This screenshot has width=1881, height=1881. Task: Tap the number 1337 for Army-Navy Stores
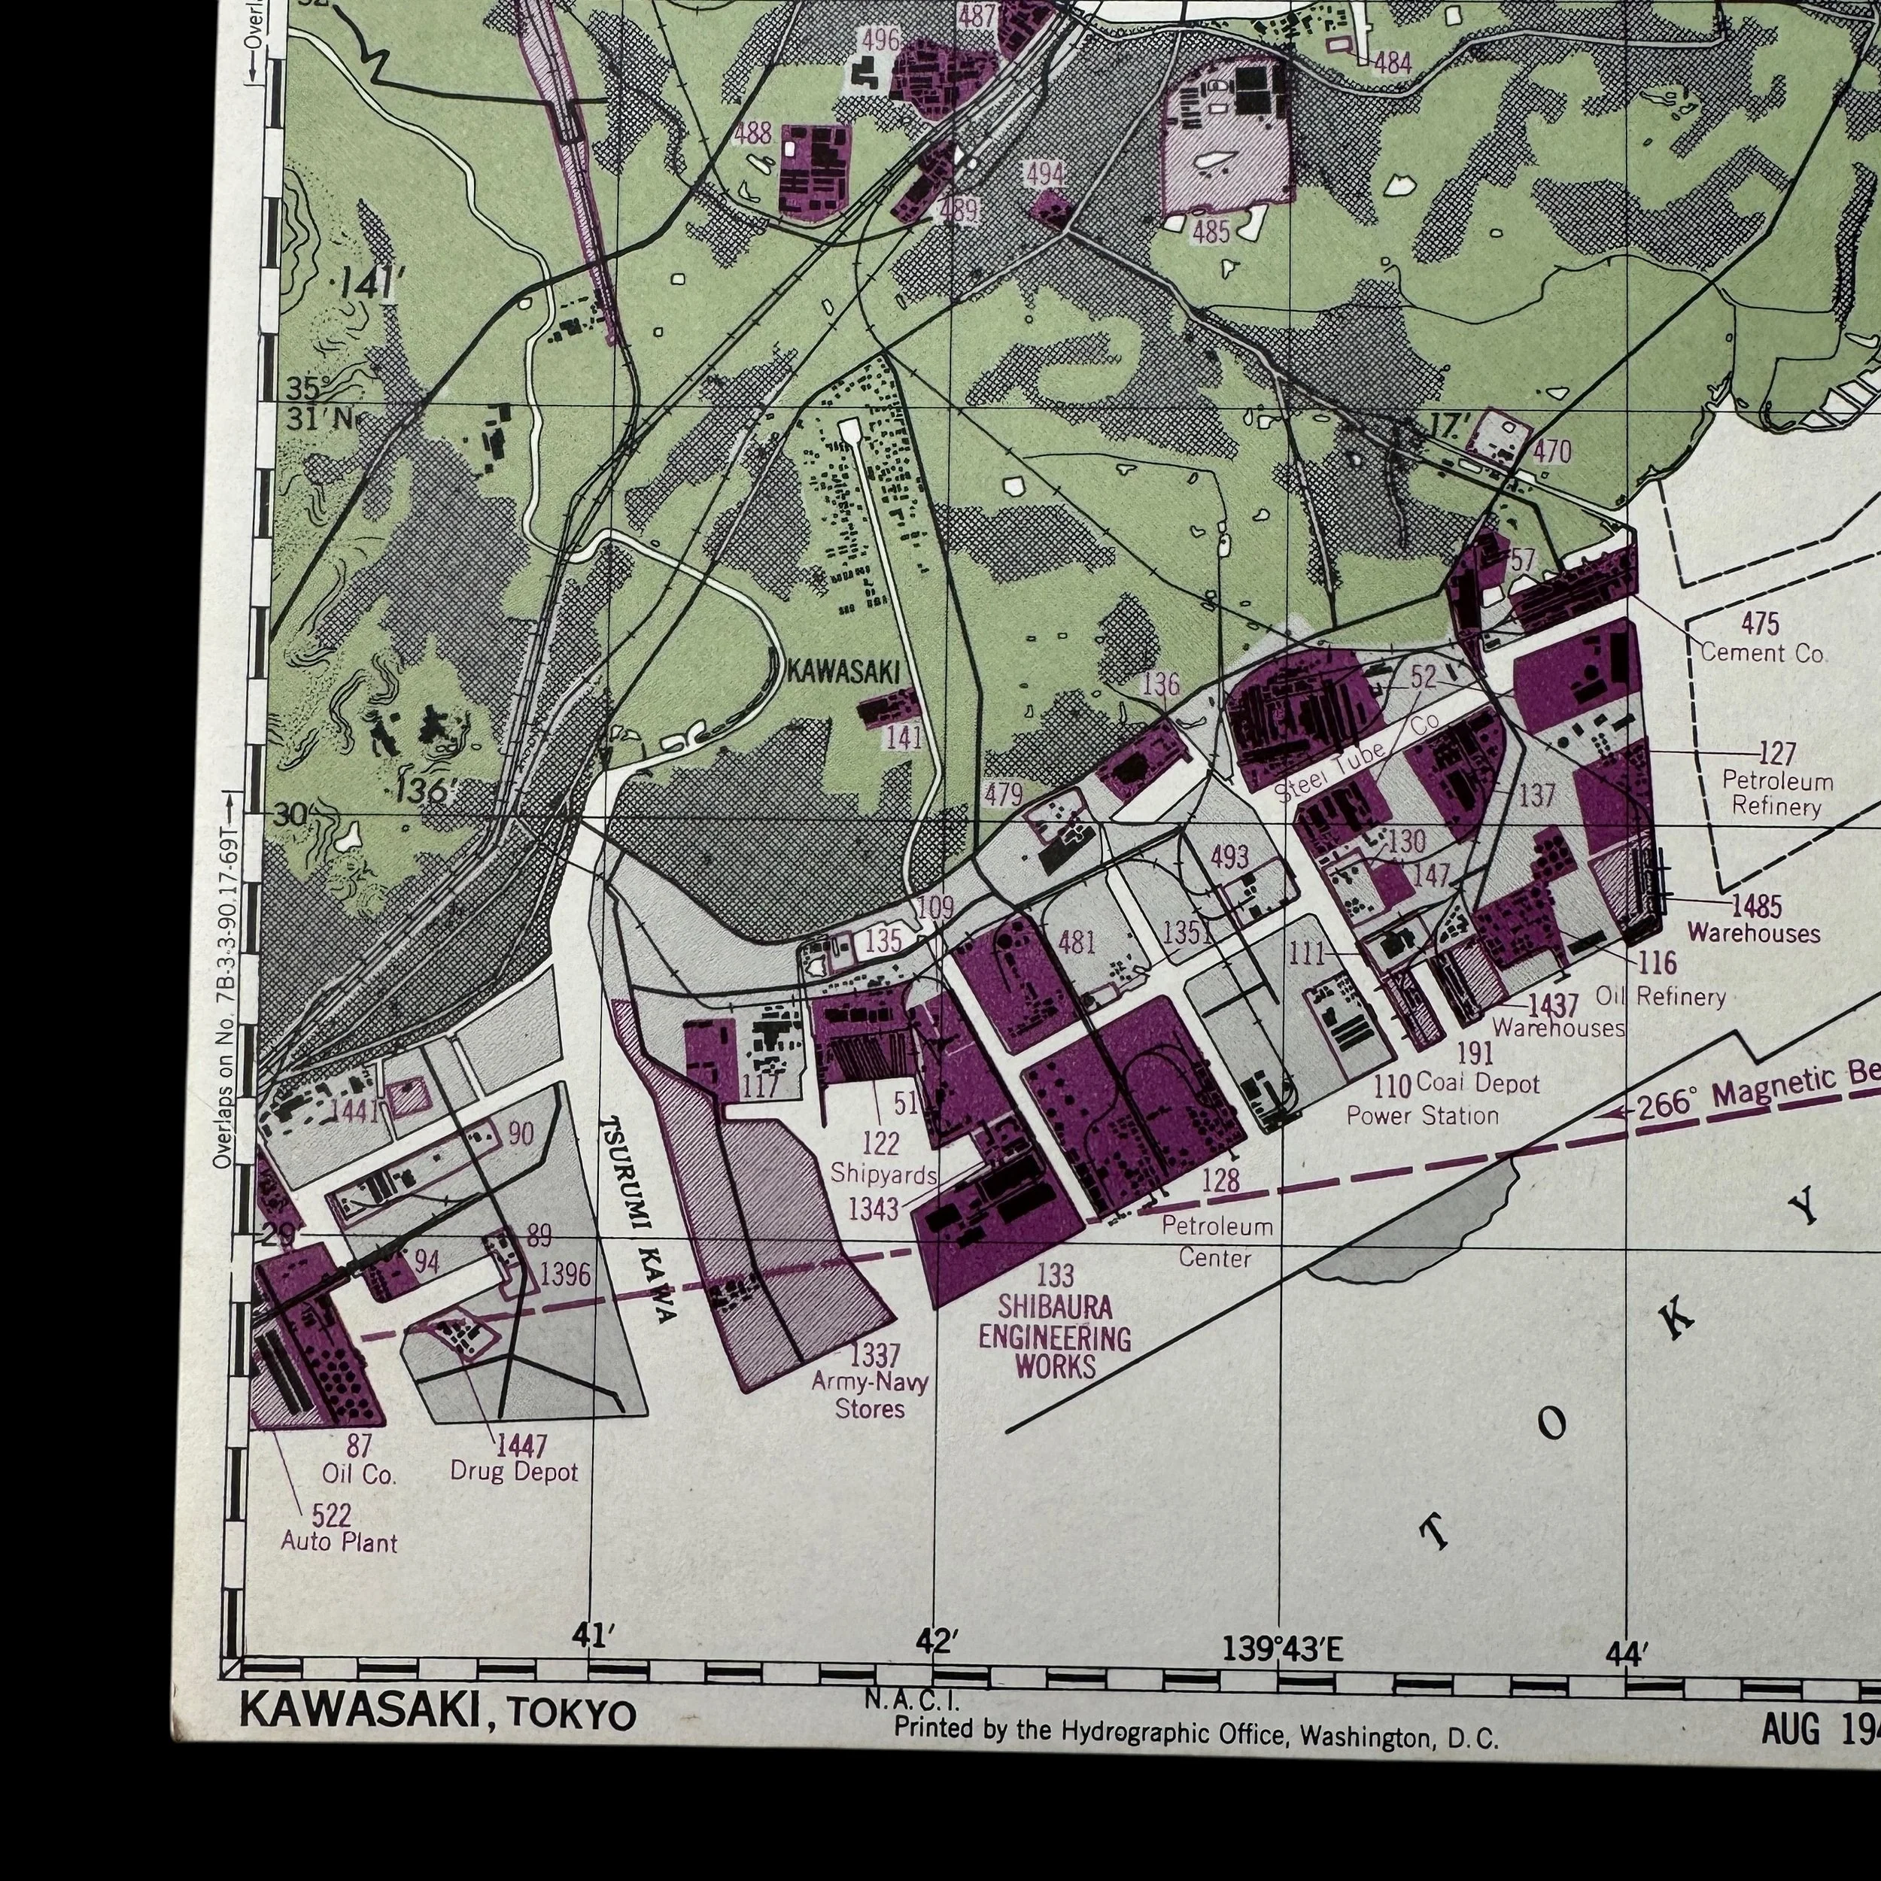874,1354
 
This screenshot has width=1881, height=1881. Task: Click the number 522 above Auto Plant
332,1515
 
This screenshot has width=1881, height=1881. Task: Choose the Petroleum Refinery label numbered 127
1777,794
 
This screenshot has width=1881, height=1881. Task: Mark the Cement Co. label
1763,653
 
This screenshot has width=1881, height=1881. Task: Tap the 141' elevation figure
366,285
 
